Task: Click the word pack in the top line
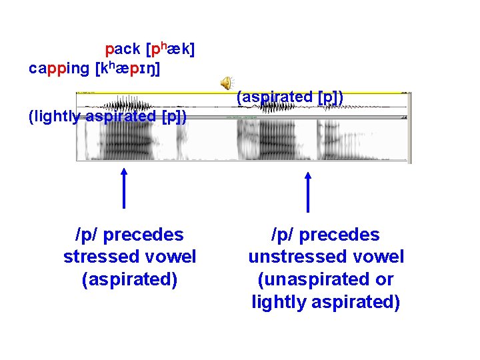pyautogui.click(x=123, y=49)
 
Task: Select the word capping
pyautogui.click(x=59, y=68)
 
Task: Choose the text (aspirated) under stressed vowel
pyautogui.click(x=129, y=279)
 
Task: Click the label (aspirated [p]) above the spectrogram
pyautogui.click(x=290, y=97)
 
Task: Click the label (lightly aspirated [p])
pyautogui.click(x=107, y=117)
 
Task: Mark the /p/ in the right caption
pyautogui.click(x=281, y=235)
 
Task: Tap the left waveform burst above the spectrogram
pyautogui.click(x=126, y=105)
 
